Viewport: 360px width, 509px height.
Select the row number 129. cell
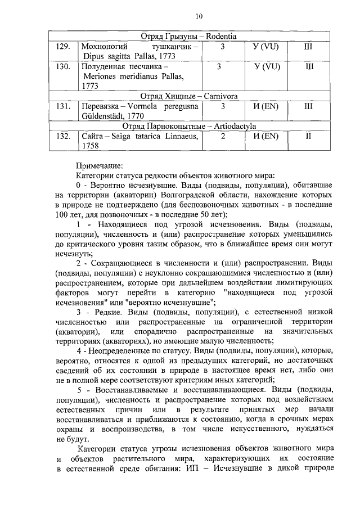coord(63,47)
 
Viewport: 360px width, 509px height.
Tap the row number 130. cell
coord(63,66)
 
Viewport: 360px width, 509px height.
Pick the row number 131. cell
coord(63,106)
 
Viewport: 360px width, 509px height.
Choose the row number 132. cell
coord(63,136)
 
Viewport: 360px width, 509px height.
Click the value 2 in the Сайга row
coord(223,136)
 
